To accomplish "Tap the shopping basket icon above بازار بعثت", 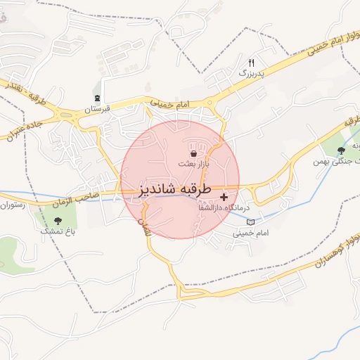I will pyautogui.click(x=193, y=153).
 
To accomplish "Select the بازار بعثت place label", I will pyautogui.click(x=194, y=163).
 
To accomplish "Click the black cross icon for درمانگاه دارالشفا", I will pyautogui.click(x=224, y=197).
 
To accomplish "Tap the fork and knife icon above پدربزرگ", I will pyautogui.click(x=251, y=63).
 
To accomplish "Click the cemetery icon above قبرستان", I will pyautogui.click(x=97, y=98).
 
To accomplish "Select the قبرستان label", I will pyautogui.click(x=98, y=110).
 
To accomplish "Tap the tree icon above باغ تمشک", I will pyautogui.click(x=58, y=220).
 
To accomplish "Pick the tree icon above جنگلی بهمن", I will pyautogui.click(x=342, y=150).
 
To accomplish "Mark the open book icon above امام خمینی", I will pyautogui.click(x=251, y=221).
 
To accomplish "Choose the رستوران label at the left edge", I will pyautogui.click(x=12, y=205).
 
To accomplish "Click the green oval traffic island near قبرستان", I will pyautogui.click(x=66, y=115).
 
